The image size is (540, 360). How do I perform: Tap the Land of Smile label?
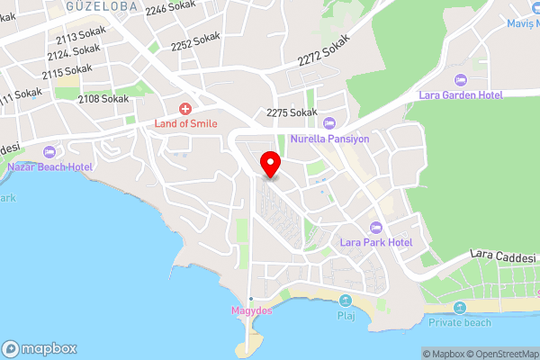(x=187, y=123)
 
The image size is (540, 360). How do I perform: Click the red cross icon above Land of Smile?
(x=186, y=108)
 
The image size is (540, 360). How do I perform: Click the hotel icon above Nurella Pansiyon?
(x=328, y=123)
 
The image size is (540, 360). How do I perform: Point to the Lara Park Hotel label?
(x=376, y=242)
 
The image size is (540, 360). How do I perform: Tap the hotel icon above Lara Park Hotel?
(x=376, y=227)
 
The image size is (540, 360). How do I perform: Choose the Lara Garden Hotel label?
(x=460, y=94)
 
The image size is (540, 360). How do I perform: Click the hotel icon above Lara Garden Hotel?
(x=461, y=79)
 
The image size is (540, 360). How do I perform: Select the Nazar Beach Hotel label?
(x=49, y=166)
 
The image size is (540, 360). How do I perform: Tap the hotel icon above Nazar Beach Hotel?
(x=49, y=151)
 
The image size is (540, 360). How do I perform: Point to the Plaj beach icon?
(x=346, y=301)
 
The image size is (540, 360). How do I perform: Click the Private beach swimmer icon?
(x=460, y=308)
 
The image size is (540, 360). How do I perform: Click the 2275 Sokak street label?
(x=292, y=112)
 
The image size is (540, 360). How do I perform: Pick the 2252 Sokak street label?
(x=195, y=41)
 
